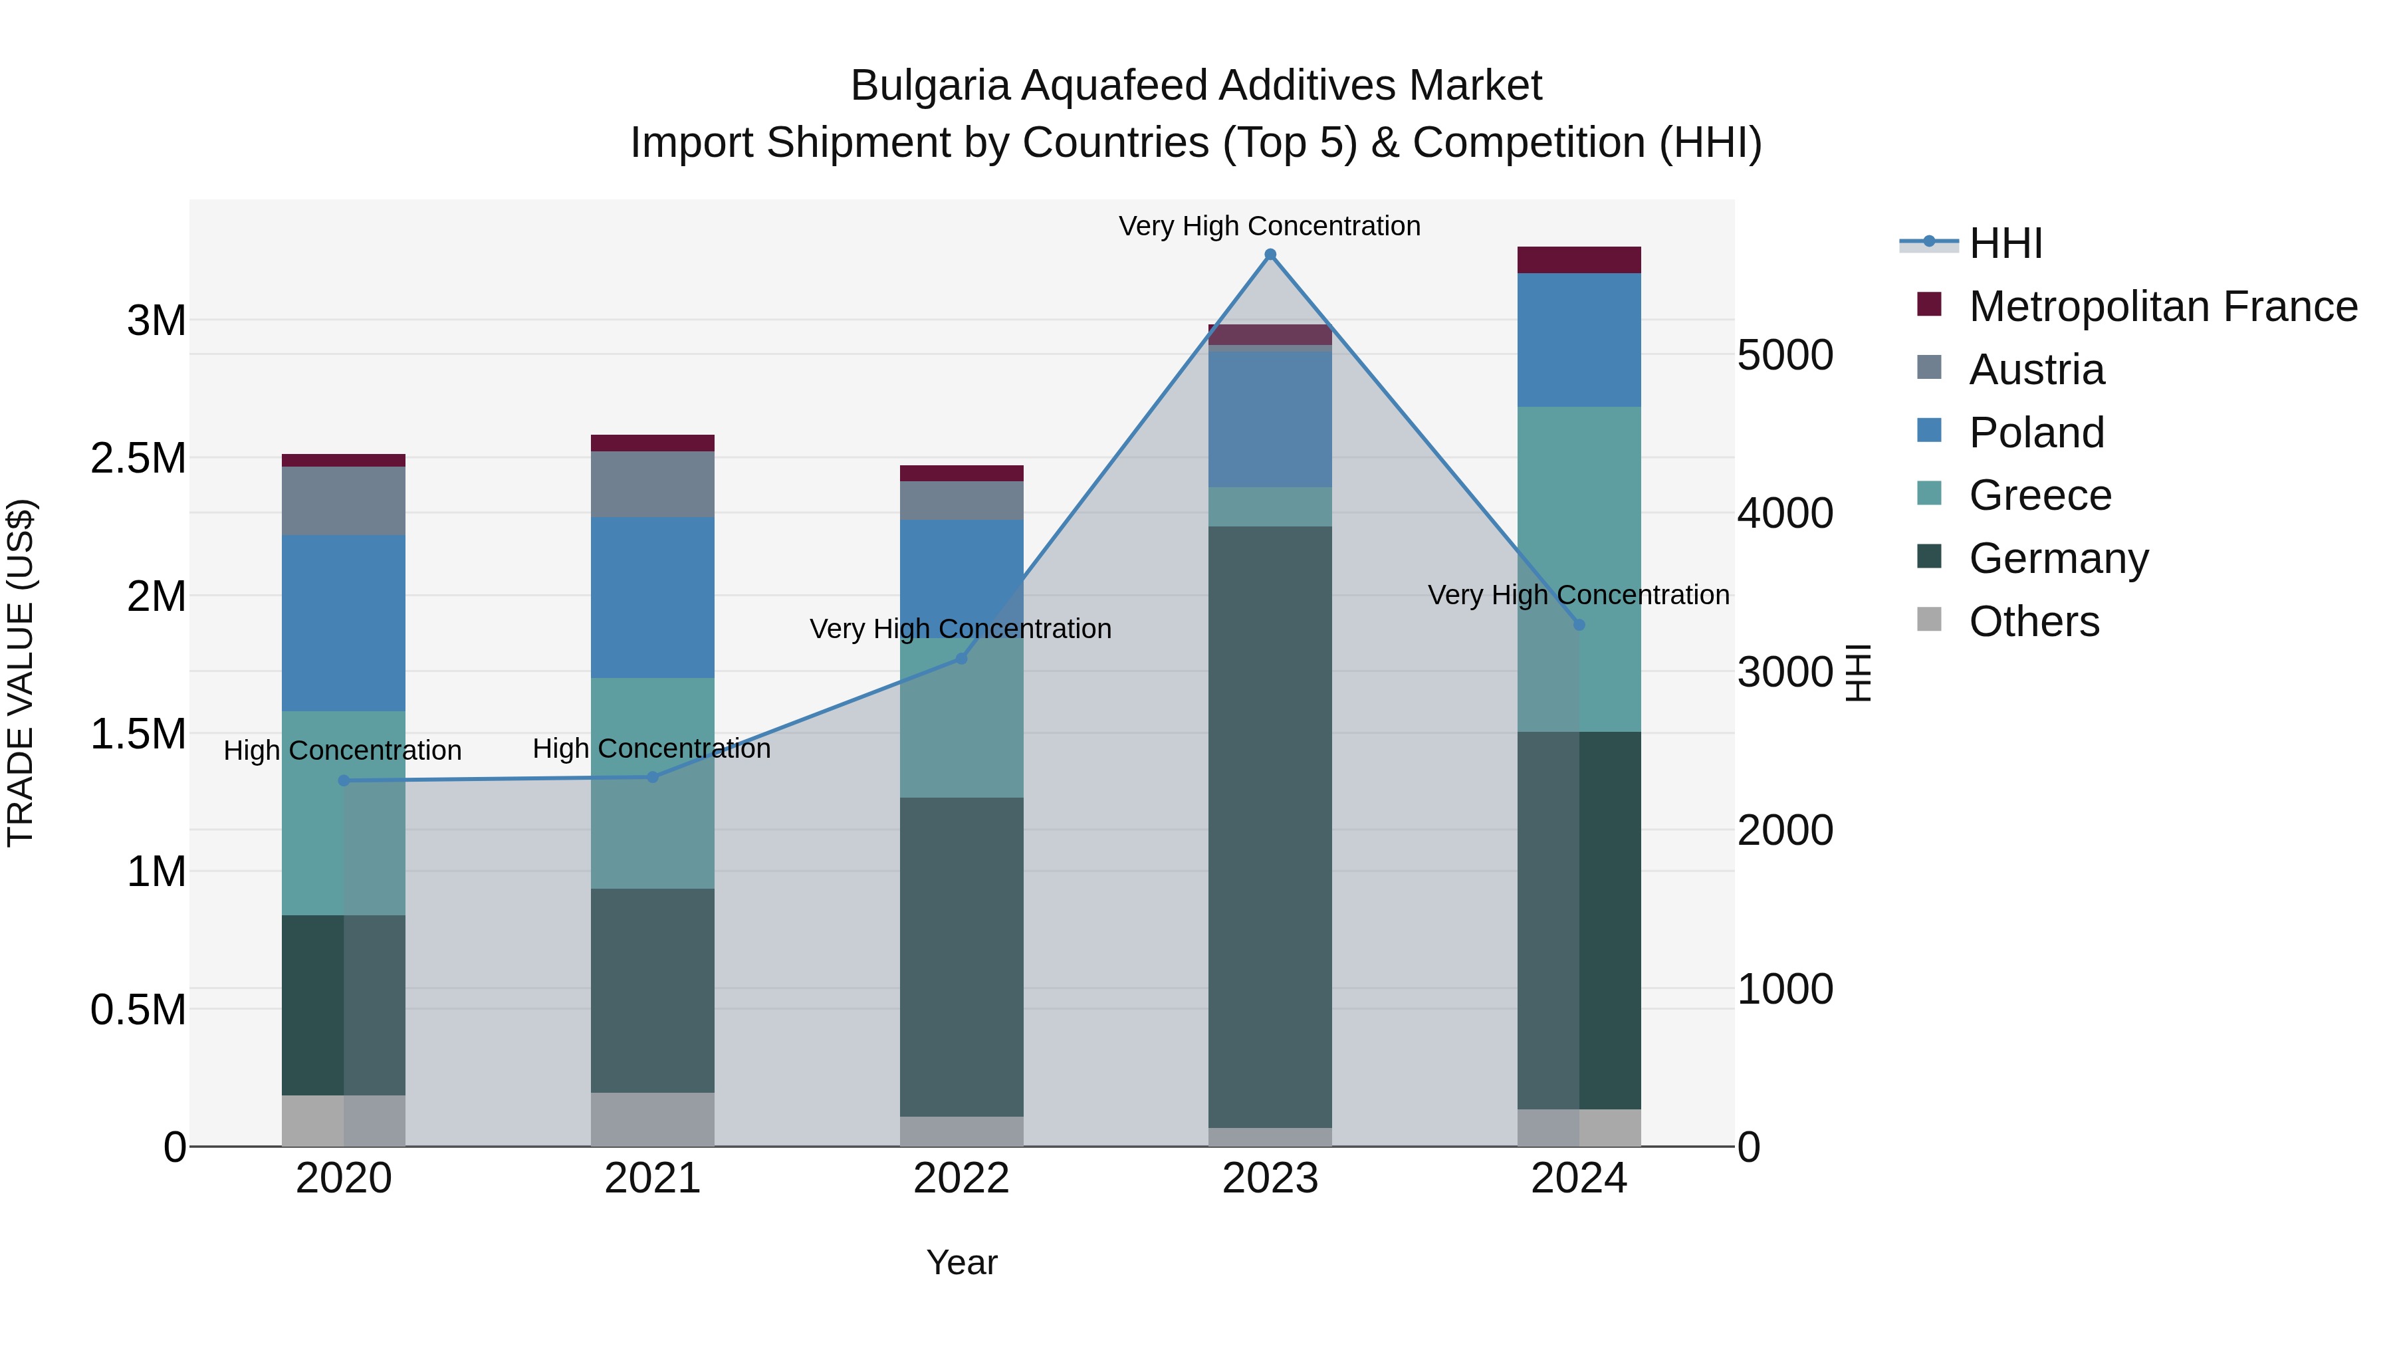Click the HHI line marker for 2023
(1270, 255)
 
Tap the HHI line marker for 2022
(961, 659)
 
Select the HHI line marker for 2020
(344, 780)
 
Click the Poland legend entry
(2035, 433)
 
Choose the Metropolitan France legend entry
(2162, 306)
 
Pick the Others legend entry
(2033, 621)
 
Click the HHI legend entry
(2005, 243)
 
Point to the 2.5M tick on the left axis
(138, 458)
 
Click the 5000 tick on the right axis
(1785, 355)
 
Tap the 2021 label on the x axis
(652, 1178)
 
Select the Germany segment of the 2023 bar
(1270, 827)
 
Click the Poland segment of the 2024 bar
(1579, 340)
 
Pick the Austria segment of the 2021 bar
(652, 484)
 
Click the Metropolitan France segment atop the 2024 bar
(1579, 260)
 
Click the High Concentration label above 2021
(651, 748)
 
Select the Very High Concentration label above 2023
(1269, 226)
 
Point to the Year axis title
(961, 1262)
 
